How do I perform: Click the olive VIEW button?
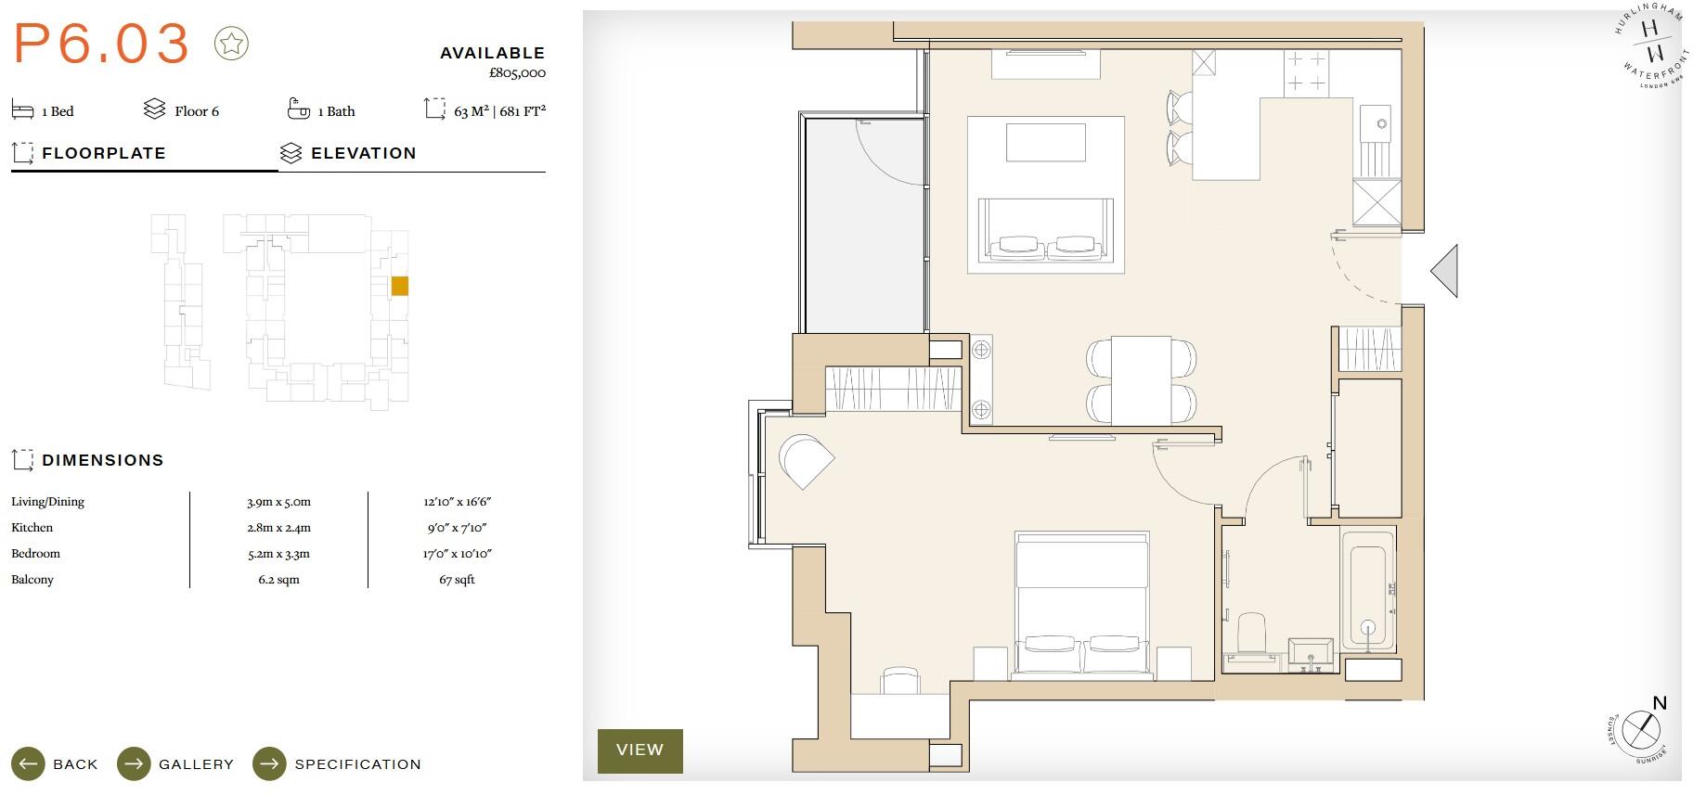click(640, 750)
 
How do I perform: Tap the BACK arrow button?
click(28, 764)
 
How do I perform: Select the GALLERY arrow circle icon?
click(134, 764)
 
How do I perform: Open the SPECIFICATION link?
click(357, 764)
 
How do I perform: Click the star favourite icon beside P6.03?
click(231, 44)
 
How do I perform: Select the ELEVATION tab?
click(363, 153)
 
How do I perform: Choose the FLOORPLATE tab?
click(103, 153)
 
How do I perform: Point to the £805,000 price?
click(517, 72)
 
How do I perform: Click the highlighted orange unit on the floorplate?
click(399, 286)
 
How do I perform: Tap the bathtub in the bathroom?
click(1367, 590)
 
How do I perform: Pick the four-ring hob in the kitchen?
click(1306, 71)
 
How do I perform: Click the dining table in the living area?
click(1141, 380)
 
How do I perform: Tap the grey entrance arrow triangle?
click(1446, 271)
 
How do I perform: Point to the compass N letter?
click(1660, 703)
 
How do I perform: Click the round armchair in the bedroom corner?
click(805, 460)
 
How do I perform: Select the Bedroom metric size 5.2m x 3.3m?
click(278, 554)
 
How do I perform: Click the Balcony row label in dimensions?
click(32, 580)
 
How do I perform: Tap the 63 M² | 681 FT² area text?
click(499, 111)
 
